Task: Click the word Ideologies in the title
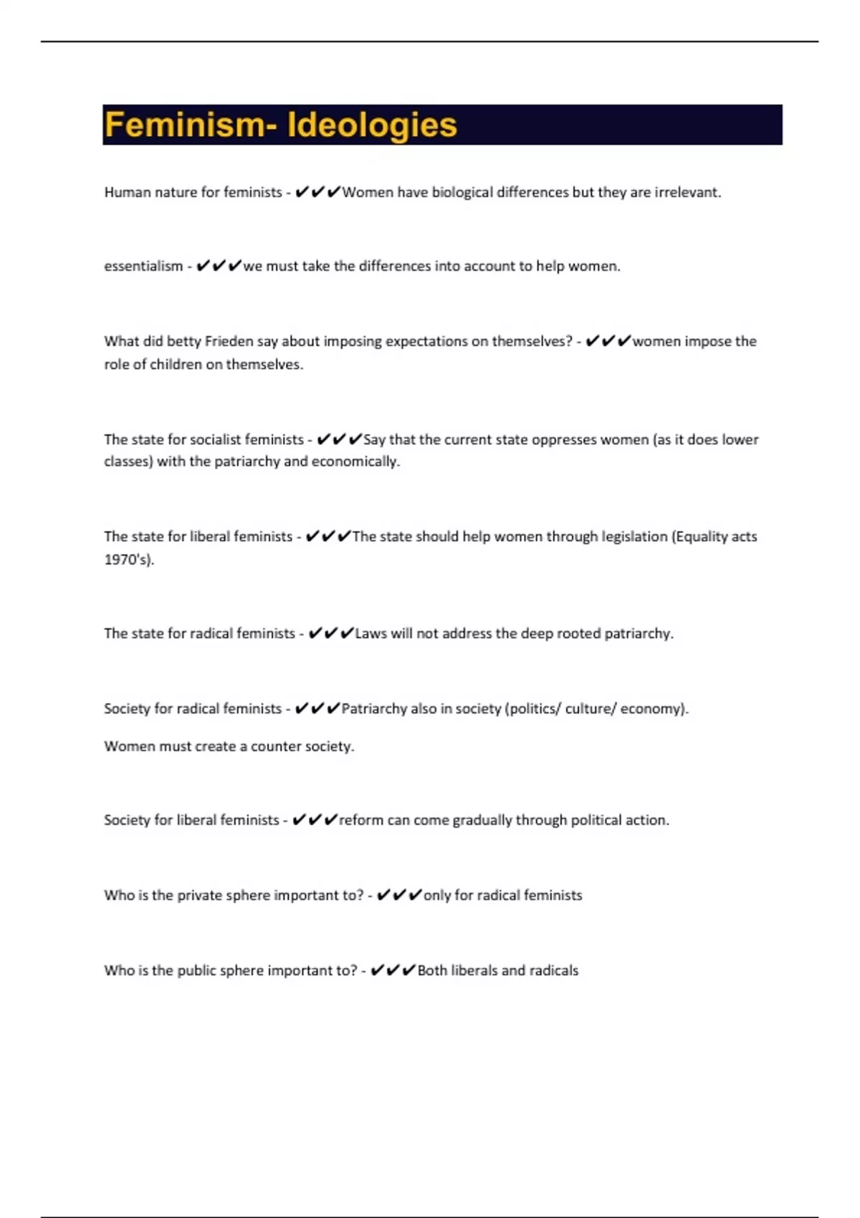[372, 125]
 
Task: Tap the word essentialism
[143, 267]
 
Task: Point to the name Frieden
[229, 342]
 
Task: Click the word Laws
[371, 633]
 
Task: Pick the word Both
[432, 971]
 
